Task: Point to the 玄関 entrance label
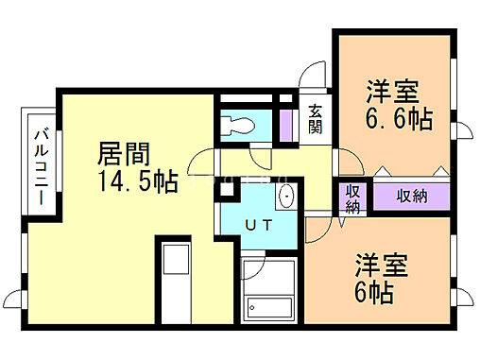(x=315, y=119)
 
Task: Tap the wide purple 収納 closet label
(x=411, y=197)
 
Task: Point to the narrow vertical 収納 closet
(x=352, y=198)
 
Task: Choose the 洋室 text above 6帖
(x=382, y=263)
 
